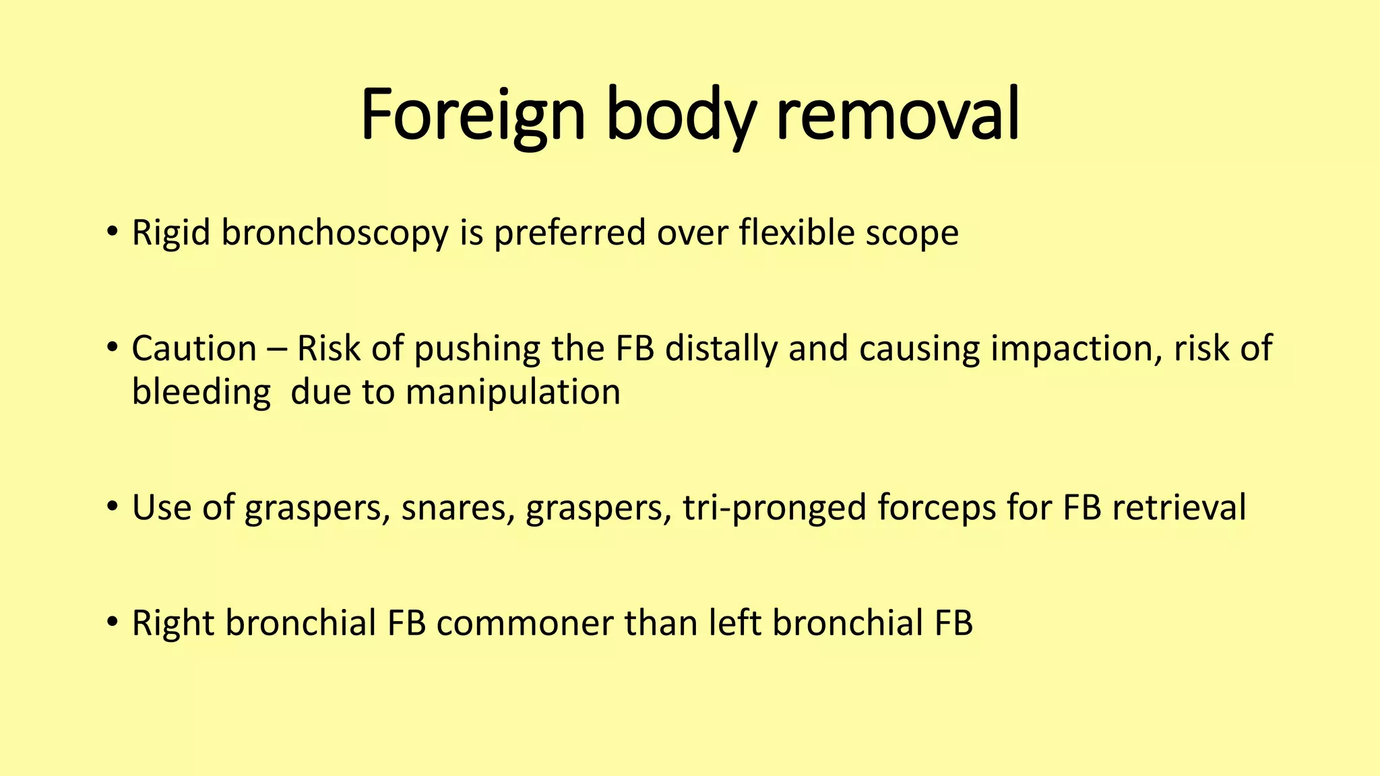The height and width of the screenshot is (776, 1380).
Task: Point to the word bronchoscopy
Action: click(335, 234)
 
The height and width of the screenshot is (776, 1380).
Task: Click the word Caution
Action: click(194, 349)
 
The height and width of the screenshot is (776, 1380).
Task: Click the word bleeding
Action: click(201, 392)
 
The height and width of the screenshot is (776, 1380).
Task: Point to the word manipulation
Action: click(513, 392)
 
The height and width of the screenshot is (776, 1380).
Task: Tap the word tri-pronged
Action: click(774, 508)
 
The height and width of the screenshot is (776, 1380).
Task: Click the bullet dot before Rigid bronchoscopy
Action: click(112, 232)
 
